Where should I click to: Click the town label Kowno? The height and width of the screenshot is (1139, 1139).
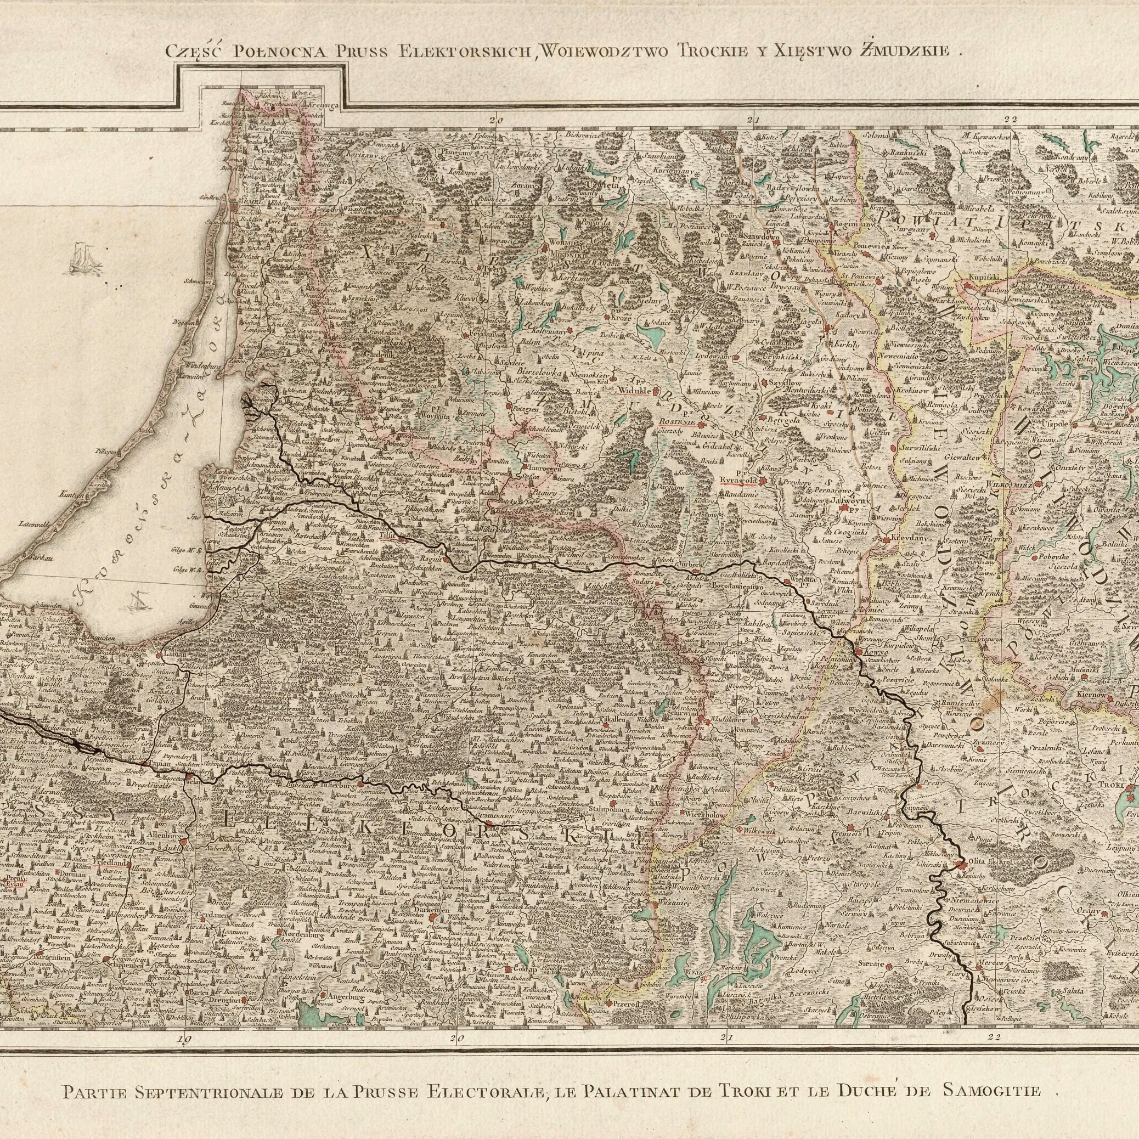click(872, 652)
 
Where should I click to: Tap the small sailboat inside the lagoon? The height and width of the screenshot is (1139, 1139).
click(137, 603)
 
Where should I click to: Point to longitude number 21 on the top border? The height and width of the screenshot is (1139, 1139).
click(752, 121)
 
